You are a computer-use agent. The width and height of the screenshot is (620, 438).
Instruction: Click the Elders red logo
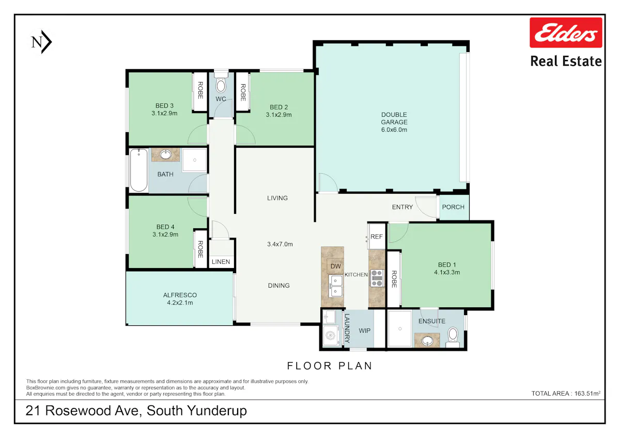click(x=566, y=33)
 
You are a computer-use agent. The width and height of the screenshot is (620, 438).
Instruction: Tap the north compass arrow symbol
click(x=41, y=42)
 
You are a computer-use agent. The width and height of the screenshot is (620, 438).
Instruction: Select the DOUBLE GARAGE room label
click(x=394, y=122)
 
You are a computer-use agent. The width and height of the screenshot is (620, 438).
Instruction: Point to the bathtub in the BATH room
click(x=138, y=170)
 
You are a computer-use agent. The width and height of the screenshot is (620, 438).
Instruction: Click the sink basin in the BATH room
click(x=165, y=154)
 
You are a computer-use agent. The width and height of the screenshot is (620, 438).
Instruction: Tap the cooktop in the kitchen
click(x=377, y=278)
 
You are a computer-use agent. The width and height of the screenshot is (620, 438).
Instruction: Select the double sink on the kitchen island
click(x=335, y=286)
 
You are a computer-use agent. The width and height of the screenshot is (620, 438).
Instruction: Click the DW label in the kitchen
click(x=335, y=267)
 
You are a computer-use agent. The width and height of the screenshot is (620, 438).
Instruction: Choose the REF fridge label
click(x=377, y=237)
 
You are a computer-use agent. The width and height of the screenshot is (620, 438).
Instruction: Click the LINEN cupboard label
click(x=221, y=262)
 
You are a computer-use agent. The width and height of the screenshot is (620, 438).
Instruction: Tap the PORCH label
click(x=453, y=207)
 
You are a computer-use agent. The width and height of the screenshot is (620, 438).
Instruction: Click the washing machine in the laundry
click(x=331, y=336)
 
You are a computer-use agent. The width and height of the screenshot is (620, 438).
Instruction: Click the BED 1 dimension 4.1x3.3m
click(x=447, y=272)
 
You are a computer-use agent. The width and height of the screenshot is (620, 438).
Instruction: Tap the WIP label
click(x=364, y=331)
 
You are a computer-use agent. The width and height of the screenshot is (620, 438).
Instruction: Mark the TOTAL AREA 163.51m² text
click(x=566, y=393)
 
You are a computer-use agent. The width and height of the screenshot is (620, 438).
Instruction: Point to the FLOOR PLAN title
click(x=330, y=366)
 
